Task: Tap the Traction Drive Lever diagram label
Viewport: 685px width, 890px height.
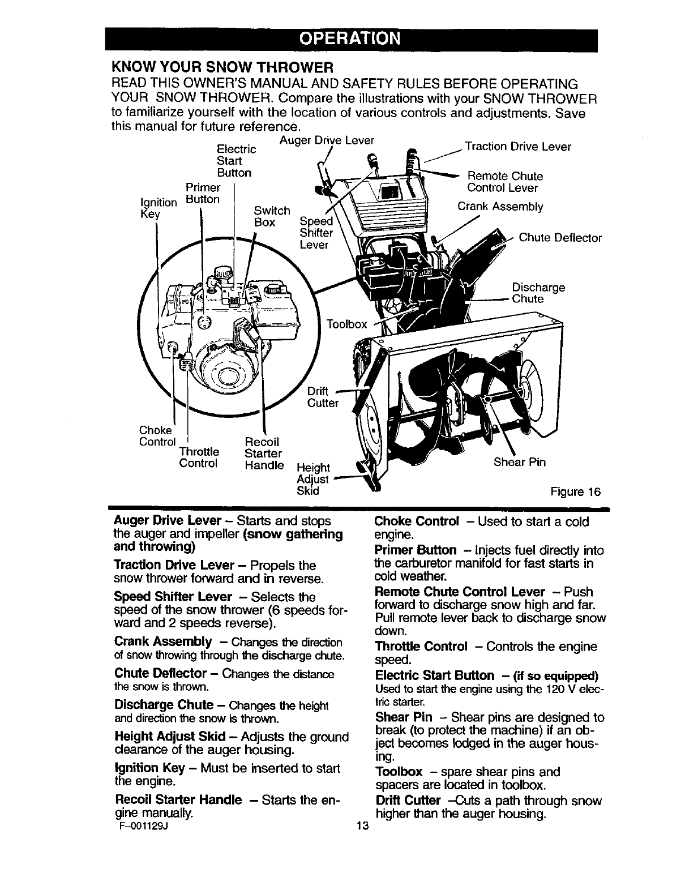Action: click(517, 147)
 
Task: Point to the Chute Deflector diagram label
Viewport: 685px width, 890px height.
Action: click(560, 238)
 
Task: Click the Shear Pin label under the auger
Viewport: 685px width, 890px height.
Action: click(519, 463)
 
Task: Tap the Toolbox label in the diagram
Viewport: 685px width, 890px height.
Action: click(346, 324)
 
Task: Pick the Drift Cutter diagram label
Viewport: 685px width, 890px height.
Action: click(322, 397)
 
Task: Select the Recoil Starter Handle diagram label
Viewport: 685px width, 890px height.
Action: click(263, 453)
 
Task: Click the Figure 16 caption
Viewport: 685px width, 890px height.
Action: click(575, 491)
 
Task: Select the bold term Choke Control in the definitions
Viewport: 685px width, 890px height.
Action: click(416, 521)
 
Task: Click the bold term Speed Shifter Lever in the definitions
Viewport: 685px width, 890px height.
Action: click(173, 597)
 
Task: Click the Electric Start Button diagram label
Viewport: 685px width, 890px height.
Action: click(236, 161)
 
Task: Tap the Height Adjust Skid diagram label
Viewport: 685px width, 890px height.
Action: click(312, 479)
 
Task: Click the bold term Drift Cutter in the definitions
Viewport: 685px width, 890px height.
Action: click(408, 801)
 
